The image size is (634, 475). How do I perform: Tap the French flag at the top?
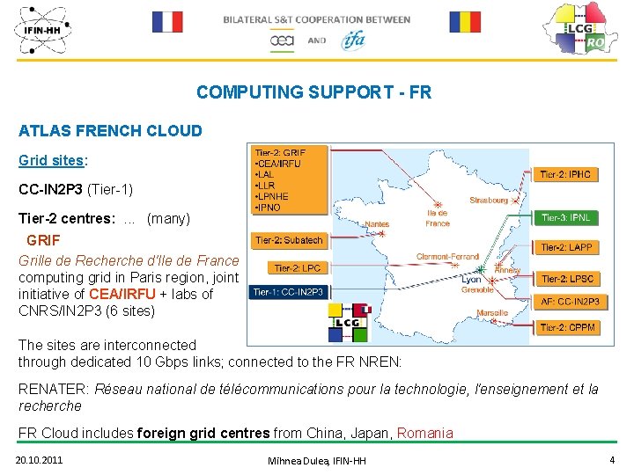(166, 21)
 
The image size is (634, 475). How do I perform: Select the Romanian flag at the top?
(465, 21)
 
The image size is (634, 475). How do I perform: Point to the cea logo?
(282, 40)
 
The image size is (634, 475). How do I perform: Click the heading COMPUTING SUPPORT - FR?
(313, 92)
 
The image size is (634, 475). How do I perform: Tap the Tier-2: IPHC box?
(565, 175)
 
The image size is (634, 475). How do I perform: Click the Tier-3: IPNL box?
(565, 217)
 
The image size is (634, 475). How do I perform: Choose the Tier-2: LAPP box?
(565, 248)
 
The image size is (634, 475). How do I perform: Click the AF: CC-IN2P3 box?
(568, 302)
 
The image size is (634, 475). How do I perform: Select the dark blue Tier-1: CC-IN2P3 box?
(289, 292)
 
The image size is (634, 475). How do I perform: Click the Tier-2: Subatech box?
(289, 239)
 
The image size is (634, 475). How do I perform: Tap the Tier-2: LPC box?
(298, 268)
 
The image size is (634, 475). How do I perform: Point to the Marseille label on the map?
(491, 313)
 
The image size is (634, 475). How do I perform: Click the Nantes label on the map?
(376, 224)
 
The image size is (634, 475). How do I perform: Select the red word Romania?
(425, 432)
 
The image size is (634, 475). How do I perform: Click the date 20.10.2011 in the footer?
(40, 460)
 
